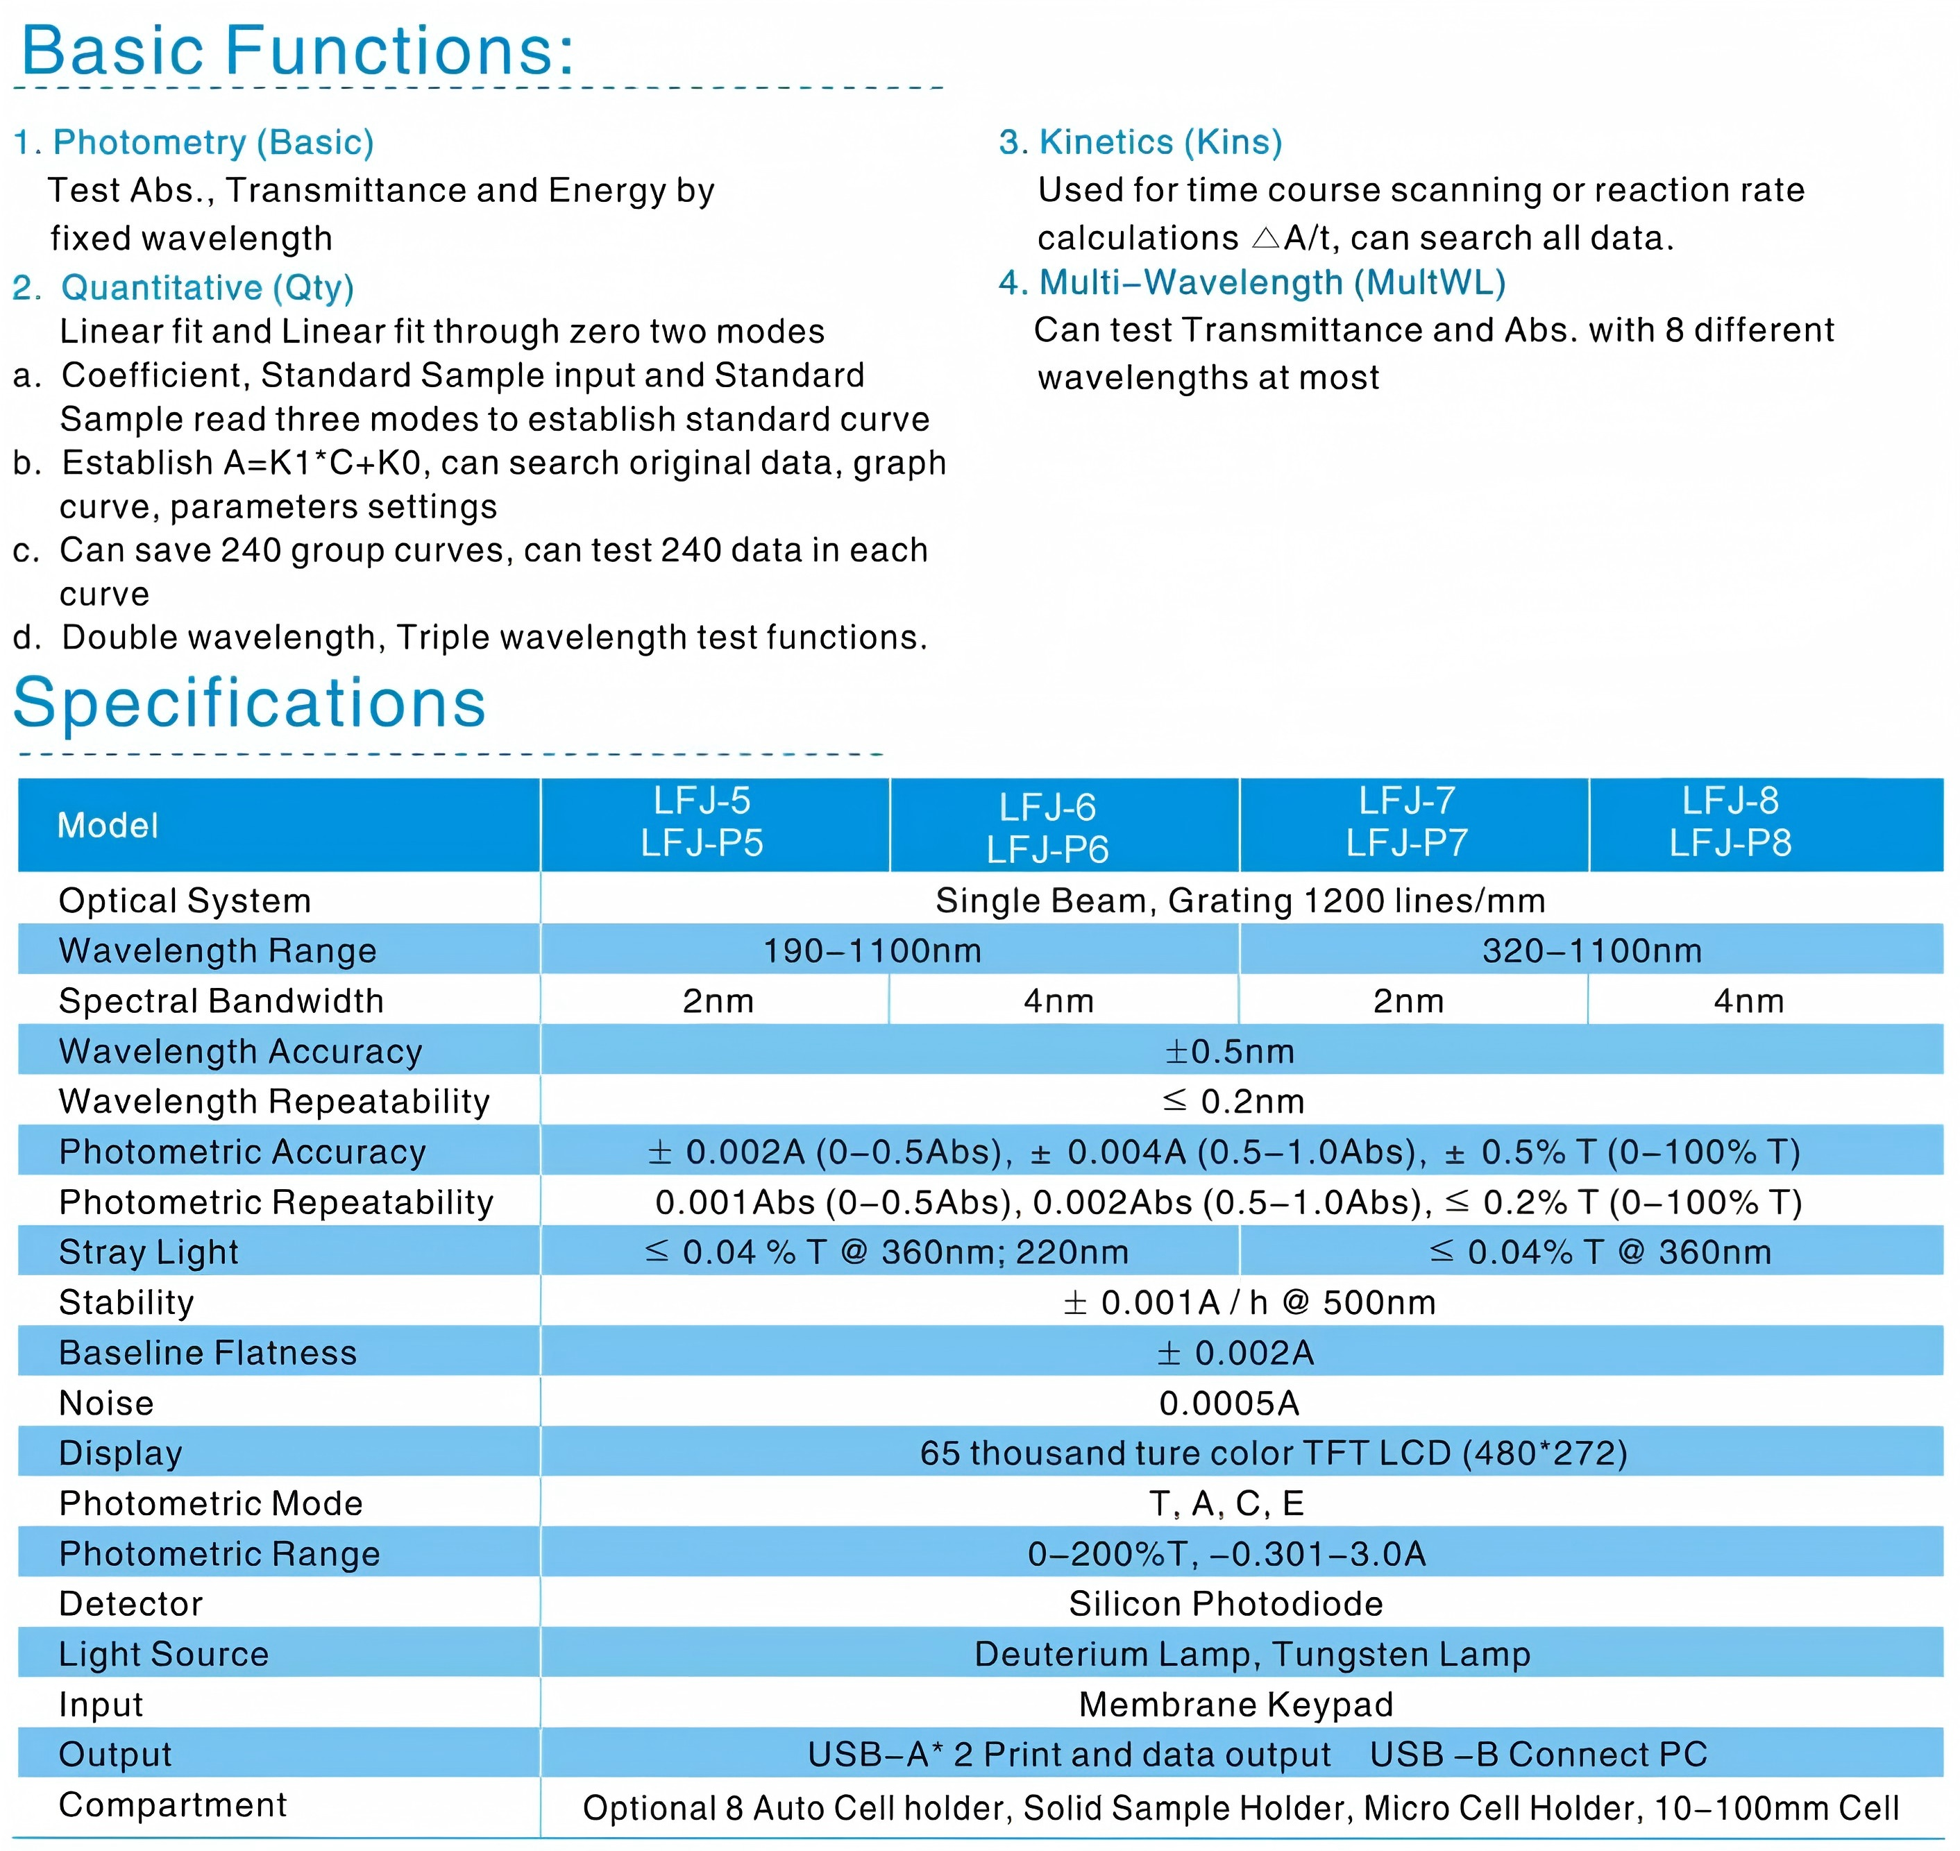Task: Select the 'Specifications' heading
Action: (250, 703)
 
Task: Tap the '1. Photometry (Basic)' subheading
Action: (194, 143)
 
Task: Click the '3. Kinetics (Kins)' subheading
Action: (1140, 143)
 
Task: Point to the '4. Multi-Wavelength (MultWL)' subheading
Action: (1251, 283)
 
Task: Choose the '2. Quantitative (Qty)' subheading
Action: (183, 288)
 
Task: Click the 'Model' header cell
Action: (108, 826)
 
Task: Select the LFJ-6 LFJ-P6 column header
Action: (1047, 828)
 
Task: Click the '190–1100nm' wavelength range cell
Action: (872, 951)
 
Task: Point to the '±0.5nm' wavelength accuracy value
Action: (1230, 1052)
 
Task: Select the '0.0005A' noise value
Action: (1230, 1403)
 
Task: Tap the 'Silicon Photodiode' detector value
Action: (1226, 1604)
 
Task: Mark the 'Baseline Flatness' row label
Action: (208, 1353)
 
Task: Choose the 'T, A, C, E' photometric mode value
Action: (1226, 1503)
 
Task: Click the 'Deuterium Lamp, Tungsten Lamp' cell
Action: (1252, 1655)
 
